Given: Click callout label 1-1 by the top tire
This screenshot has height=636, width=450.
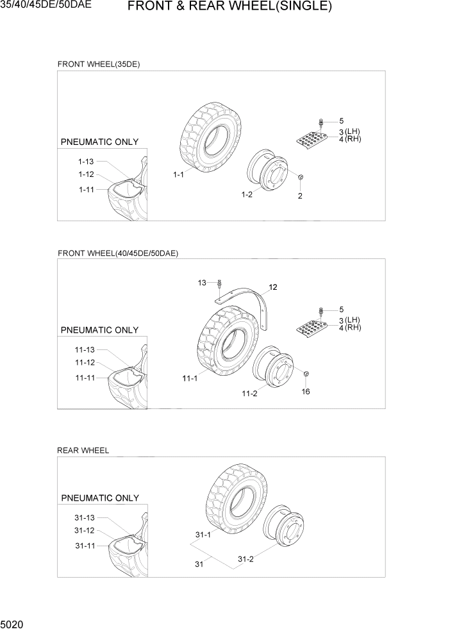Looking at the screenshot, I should [x=179, y=174].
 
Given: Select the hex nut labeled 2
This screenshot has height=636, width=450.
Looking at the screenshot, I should [x=300, y=177].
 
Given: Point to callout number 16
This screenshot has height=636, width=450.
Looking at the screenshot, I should [x=305, y=391].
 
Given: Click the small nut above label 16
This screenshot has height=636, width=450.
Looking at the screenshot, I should [x=306, y=374].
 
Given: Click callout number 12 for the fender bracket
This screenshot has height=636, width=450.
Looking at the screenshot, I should [x=272, y=287].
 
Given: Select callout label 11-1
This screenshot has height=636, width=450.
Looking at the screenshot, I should [x=189, y=379].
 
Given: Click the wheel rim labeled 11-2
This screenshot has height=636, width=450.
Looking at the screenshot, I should [x=272, y=369].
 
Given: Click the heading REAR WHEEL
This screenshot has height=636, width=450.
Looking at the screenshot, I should [x=83, y=450].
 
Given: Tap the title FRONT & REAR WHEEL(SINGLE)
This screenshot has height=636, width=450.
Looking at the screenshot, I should [x=229, y=8].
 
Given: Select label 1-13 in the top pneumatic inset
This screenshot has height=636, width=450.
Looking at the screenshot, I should [x=86, y=162].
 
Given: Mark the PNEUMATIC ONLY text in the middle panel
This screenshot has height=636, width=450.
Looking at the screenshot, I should [x=99, y=330].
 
